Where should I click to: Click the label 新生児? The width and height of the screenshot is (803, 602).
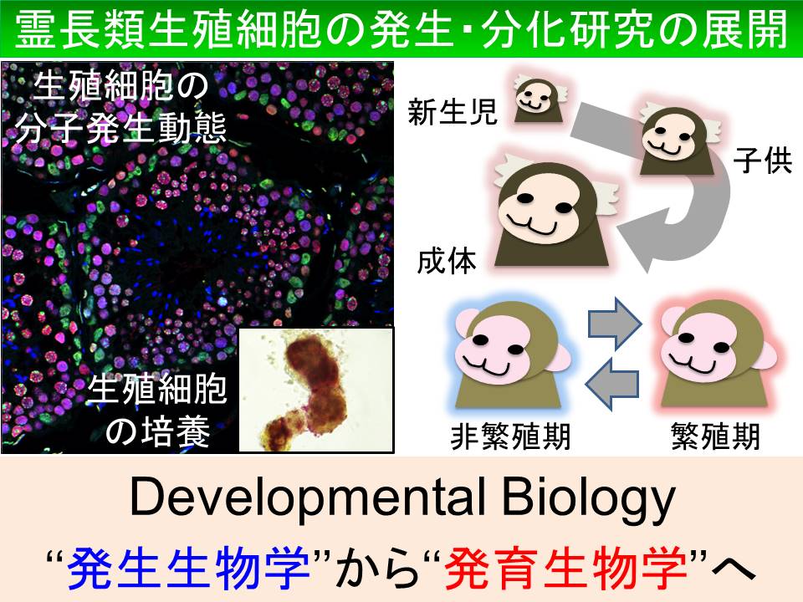[453, 111]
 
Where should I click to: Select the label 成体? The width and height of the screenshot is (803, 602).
[447, 261]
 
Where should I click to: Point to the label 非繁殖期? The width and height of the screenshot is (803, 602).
[510, 437]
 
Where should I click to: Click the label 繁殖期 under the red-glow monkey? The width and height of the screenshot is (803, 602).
[715, 437]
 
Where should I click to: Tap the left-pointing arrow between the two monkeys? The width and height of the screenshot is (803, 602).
[612, 384]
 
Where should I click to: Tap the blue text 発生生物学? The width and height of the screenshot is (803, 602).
[188, 569]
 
